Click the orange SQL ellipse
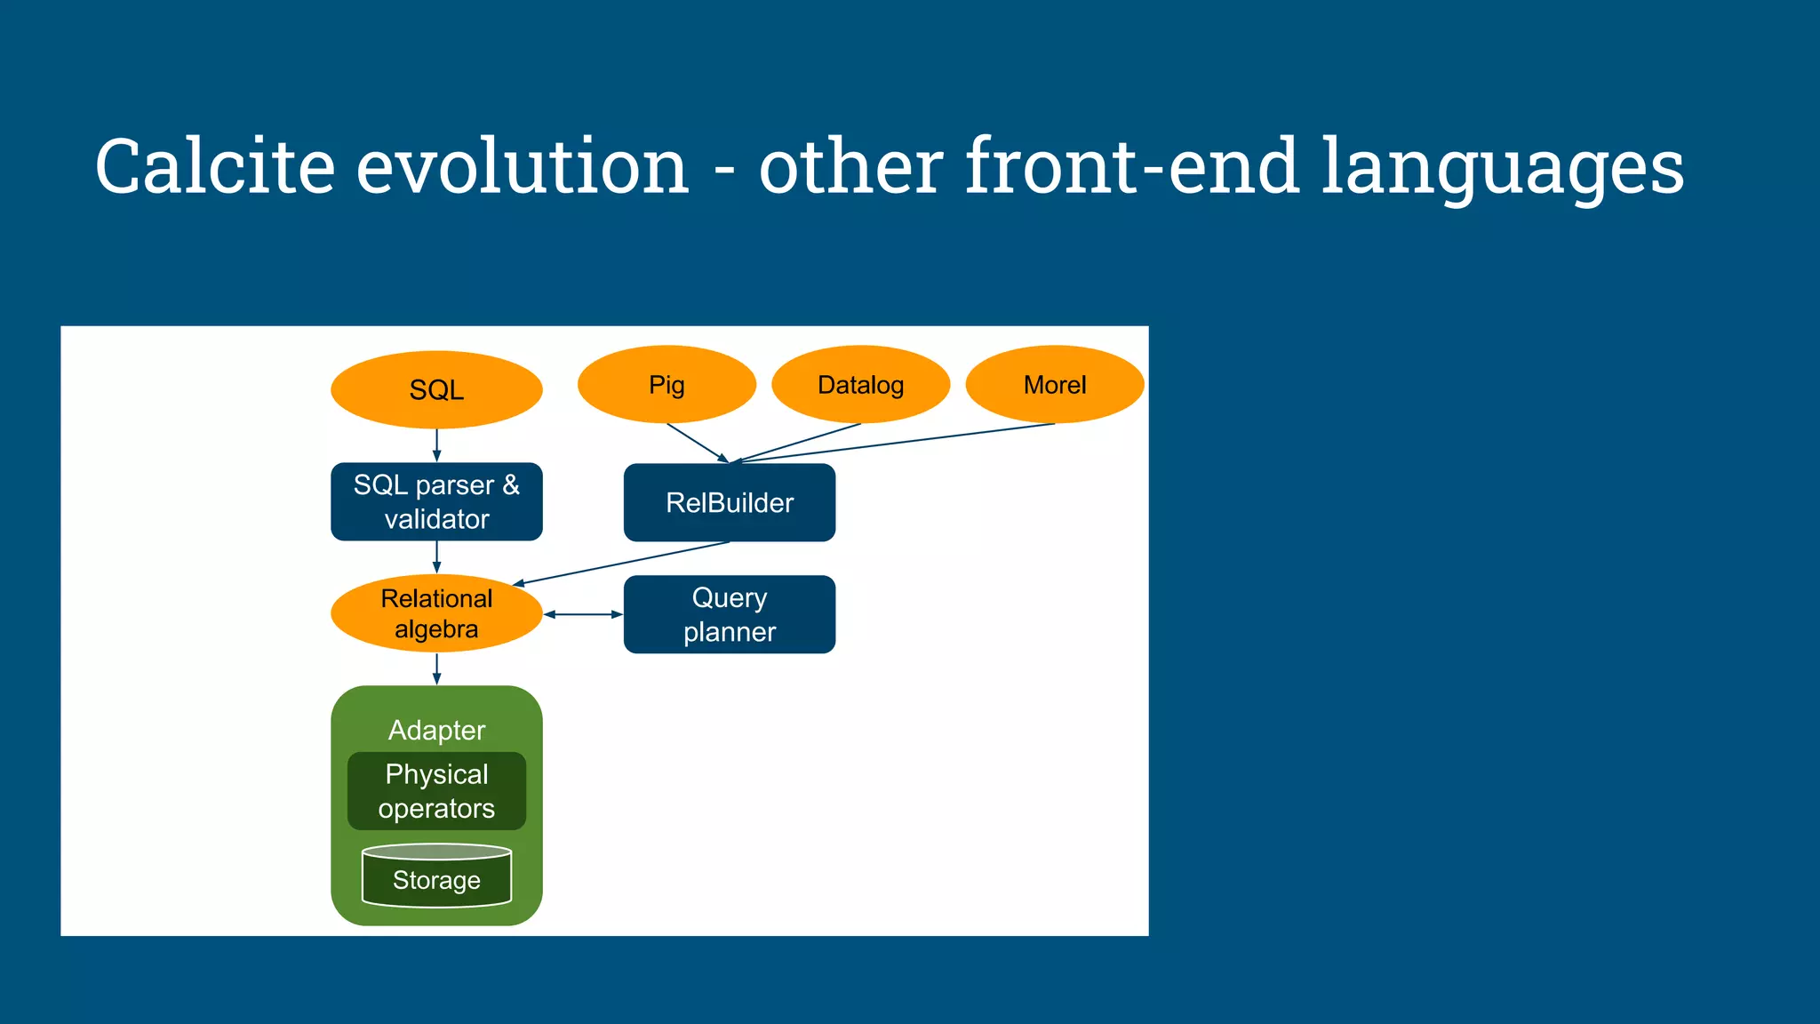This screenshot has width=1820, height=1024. click(x=436, y=389)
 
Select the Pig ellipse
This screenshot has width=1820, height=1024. click(x=667, y=384)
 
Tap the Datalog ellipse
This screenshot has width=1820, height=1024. click(x=860, y=384)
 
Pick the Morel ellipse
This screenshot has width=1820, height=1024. click(x=1054, y=384)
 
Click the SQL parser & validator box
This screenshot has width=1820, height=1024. click(x=436, y=501)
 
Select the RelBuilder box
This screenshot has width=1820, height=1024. click(x=729, y=502)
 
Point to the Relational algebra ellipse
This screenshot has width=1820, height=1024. click(x=436, y=613)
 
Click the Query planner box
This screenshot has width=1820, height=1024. click(x=729, y=614)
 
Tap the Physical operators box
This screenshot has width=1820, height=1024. click(x=436, y=791)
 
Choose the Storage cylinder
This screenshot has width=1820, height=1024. click(x=436, y=879)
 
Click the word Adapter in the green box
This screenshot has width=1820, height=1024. click(x=436, y=730)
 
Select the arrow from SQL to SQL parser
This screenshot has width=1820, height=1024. click(x=436, y=444)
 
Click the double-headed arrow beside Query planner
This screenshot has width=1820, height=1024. click(x=583, y=614)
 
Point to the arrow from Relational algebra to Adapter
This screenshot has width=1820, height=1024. click(x=436, y=668)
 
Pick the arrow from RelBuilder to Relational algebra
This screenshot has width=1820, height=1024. click(x=622, y=564)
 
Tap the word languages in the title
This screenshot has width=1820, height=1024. click(x=1502, y=166)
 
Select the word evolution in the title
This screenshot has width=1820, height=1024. click(x=523, y=166)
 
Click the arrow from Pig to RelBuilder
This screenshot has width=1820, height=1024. click(x=698, y=443)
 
